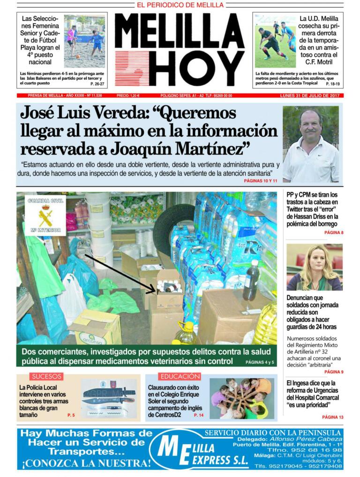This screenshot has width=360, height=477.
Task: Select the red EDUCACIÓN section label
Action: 180,376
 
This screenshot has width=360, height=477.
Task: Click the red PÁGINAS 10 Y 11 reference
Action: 261,180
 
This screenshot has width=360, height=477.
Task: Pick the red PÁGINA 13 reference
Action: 333,417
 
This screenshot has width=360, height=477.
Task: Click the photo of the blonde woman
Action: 314,267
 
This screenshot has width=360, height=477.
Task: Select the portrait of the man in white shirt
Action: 310,145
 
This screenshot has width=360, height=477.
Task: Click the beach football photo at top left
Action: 84,41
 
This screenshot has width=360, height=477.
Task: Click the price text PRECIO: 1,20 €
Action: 128,96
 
